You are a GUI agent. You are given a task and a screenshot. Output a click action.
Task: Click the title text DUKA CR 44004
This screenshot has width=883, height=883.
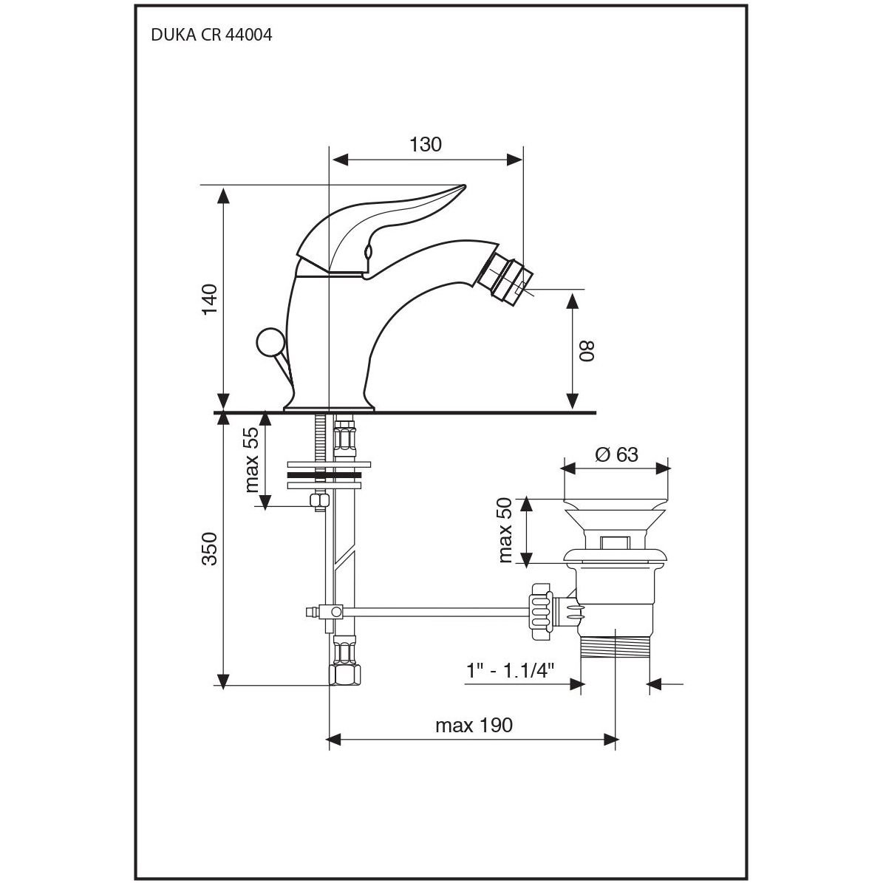(211, 35)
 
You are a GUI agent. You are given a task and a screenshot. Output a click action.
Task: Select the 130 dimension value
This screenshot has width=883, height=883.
(425, 145)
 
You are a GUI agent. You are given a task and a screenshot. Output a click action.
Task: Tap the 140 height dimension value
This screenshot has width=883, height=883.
(210, 299)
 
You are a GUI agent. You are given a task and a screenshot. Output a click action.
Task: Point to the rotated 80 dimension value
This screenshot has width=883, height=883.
(587, 352)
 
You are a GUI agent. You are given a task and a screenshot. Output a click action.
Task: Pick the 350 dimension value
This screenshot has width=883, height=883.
(210, 548)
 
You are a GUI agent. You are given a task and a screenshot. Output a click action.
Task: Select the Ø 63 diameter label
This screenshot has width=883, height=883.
(617, 454)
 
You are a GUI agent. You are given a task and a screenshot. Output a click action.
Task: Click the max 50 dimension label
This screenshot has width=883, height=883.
(505, 530)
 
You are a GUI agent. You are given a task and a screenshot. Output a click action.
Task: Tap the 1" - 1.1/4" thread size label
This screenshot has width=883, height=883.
(510, 671)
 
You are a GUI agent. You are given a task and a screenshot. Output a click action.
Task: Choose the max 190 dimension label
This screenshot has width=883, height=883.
(474, 725)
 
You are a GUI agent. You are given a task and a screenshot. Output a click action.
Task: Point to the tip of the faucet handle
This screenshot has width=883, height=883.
(465, 185)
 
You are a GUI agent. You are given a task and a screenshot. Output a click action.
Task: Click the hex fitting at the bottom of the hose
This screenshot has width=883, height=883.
(344, 675)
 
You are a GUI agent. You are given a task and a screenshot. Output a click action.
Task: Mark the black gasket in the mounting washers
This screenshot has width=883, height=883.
(324, 475)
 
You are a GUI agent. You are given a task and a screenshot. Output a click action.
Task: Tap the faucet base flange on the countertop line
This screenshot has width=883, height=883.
(330, 408)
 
